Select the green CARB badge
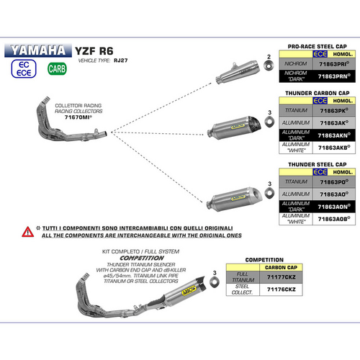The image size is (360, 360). coord(55,69)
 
